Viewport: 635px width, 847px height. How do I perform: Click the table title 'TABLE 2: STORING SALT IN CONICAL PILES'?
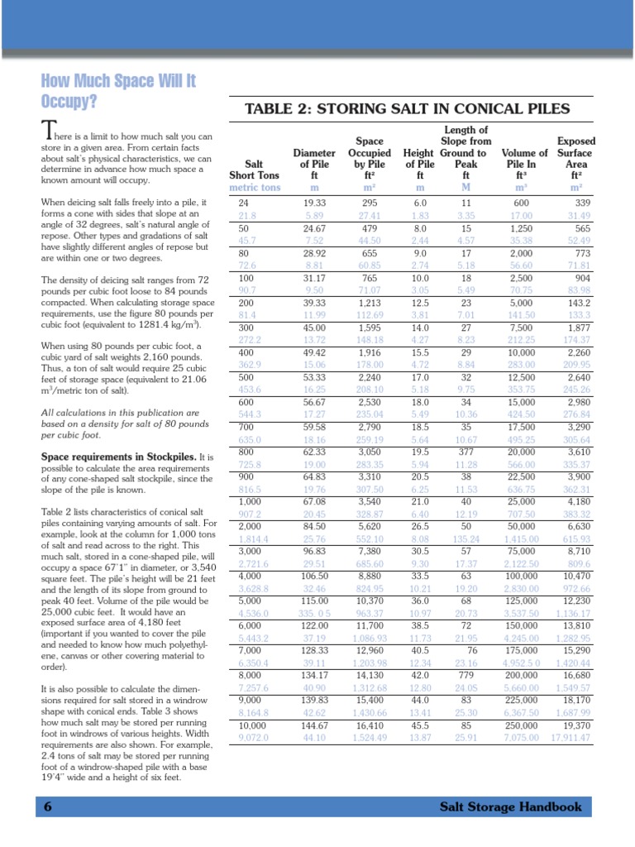coord(407,108)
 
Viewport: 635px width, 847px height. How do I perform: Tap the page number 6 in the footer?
coord(48,807)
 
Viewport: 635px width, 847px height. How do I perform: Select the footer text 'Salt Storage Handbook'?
coord(510,807)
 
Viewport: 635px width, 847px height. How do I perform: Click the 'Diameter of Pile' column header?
coord(314,164)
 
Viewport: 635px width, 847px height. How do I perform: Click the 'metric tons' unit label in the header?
coord(255,188)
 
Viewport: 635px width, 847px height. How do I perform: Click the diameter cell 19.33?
coord(314,203)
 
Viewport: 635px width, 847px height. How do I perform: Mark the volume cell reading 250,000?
coord(524,725)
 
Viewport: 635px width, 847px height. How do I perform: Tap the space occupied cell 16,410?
coord(368,725)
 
